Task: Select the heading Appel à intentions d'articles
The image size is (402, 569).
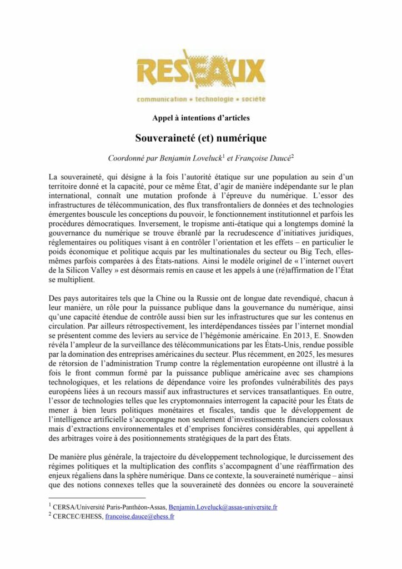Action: pyautogui.click(x=200, y=117)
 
